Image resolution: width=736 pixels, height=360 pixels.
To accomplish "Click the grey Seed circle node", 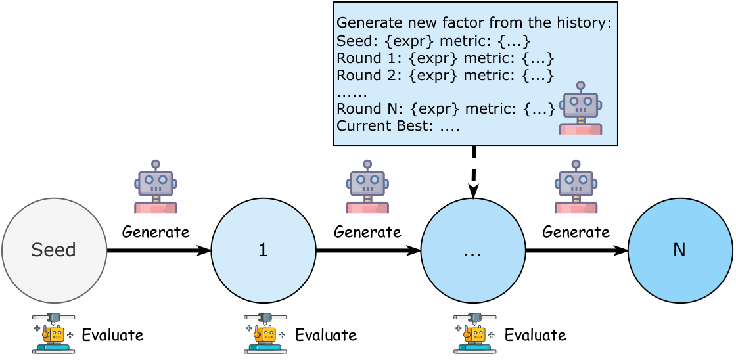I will (x=54, y=250).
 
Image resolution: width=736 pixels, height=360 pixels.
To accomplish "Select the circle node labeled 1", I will (x=263, y=250).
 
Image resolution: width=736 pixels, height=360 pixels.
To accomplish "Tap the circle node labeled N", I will (x=679, y=250).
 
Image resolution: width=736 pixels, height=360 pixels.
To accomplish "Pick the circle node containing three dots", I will (x=472, y=250).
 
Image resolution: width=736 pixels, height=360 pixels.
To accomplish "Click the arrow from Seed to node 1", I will (x=158, y=250).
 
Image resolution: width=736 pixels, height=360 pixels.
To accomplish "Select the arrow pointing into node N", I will (x=576, y=250).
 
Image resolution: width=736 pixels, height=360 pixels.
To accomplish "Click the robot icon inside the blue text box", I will (x=580, y=108).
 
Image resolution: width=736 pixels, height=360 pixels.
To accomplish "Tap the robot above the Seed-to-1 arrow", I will (x=156, y=187).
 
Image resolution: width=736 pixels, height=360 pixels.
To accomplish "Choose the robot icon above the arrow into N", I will (x=576, y=187).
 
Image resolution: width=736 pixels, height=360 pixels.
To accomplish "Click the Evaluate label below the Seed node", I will (x=112, y=335).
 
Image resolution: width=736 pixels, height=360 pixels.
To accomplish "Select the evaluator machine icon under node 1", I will (x=265, y=333).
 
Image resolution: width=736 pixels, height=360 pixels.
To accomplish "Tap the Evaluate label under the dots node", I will (x=535, y=335).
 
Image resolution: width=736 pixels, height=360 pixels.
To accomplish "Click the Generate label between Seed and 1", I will (x=156, y=232).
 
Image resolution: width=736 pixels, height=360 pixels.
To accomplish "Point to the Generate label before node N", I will (x=576, y=232).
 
